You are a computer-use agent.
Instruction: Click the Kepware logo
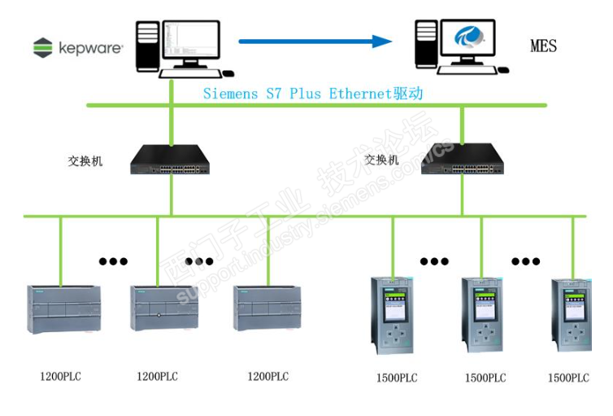pos(78,48)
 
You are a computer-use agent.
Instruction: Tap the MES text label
pos(543,46)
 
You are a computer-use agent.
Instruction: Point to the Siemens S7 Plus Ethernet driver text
pos(313,94)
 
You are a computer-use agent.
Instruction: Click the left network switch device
pos(171,160)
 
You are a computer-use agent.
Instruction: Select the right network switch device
pos(462,160)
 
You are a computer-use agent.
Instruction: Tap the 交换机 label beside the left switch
pos(85,160)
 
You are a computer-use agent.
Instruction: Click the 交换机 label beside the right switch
pos(382,160)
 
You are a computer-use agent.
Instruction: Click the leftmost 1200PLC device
pos(61,308)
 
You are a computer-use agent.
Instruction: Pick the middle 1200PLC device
pos(163,308)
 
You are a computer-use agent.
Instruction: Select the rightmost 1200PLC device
pos(266,308)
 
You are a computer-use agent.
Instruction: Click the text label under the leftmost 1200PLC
pos(61,376)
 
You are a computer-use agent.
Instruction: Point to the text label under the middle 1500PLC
pos(485,378)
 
